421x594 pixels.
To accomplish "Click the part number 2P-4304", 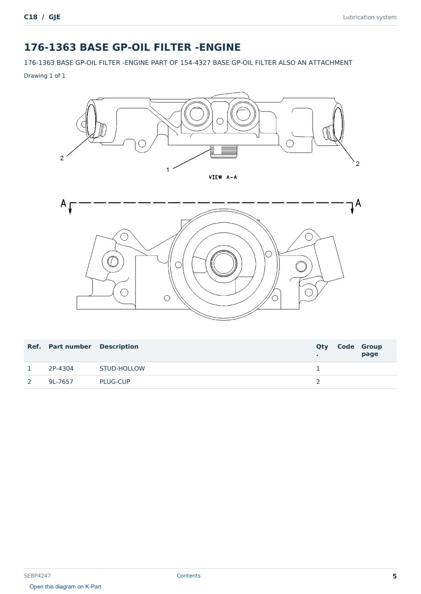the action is pos(61,368).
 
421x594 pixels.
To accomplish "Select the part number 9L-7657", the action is pos(61,382).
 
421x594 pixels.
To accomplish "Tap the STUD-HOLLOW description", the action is pos(122,368).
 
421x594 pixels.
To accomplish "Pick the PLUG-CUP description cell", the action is pos(115,382).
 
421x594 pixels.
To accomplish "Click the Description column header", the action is pos(119,346).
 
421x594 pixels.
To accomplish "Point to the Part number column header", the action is pos(70,346).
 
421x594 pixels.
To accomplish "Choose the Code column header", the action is pos(345,346).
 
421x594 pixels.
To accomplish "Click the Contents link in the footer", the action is pos(189,575).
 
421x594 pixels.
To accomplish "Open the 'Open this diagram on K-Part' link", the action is pos(65,586).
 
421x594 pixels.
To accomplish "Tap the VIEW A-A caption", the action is pos(222,177).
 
